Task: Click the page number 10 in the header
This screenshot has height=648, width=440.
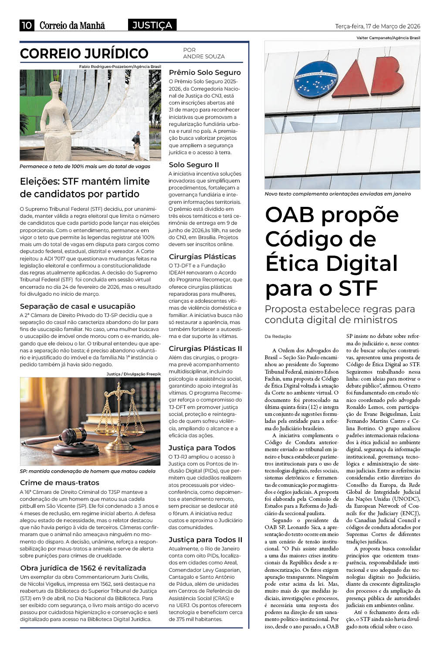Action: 27,26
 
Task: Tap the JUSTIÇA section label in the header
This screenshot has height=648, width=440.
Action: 152,26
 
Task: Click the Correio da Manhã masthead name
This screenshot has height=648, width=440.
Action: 72,26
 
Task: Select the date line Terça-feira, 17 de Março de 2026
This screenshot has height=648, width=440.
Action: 377,27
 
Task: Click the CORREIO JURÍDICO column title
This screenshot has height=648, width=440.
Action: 84,54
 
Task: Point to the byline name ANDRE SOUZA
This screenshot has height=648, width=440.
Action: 203,57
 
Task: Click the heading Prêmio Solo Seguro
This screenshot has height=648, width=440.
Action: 204,72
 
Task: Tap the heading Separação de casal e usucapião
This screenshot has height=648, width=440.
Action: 78,306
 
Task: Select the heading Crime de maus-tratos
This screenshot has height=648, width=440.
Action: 59,483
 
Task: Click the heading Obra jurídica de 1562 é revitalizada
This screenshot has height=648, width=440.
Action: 83,568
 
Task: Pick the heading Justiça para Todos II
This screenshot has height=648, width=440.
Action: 205,540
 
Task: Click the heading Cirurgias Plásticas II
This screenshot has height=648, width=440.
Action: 205,348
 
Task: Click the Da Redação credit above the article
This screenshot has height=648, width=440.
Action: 278,336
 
